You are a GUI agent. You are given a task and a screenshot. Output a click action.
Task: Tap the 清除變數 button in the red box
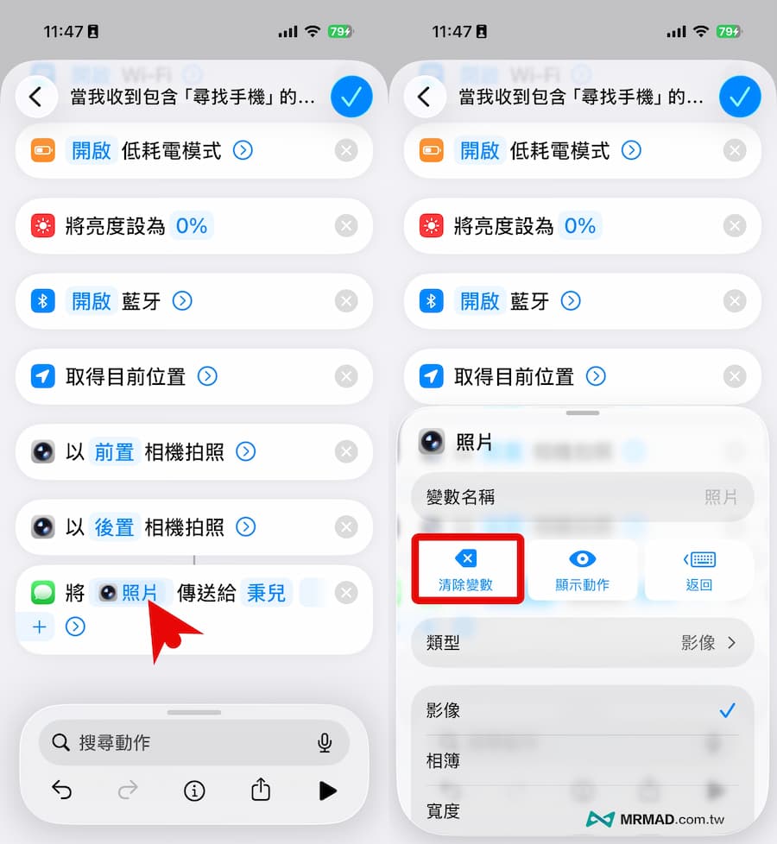coord(466,570)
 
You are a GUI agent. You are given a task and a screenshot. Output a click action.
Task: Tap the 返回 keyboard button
coord(698,570)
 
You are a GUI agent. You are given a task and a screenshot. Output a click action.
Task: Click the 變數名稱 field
coord(582,497)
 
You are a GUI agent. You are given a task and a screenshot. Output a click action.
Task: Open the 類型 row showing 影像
coord(582,642)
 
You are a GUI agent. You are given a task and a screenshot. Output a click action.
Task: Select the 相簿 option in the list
coord(444,761)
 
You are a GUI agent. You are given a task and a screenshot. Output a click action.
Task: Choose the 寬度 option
coord(444,811)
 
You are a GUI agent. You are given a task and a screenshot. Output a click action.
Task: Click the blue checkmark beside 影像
coord(727,710)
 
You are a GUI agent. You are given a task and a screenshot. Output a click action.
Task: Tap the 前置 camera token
coord(114,451)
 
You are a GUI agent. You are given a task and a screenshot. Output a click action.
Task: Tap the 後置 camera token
coord(114,526)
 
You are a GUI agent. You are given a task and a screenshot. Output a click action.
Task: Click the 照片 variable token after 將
coord(130,593)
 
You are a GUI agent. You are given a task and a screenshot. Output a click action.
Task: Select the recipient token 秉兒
coord(267,593)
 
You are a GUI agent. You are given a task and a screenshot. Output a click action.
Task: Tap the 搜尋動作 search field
coord(181,742)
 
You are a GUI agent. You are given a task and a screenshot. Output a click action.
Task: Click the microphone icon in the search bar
coord(325,742)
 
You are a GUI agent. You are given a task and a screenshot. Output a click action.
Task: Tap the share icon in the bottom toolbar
coord(261,790)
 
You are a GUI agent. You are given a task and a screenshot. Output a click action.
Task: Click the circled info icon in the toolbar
coord(194,790)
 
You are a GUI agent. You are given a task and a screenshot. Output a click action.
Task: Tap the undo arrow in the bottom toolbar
coord(61,790)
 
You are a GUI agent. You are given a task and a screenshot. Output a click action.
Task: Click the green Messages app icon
coord(43,593)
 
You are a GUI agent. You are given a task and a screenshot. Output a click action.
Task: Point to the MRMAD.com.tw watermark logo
coord(656,819)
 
